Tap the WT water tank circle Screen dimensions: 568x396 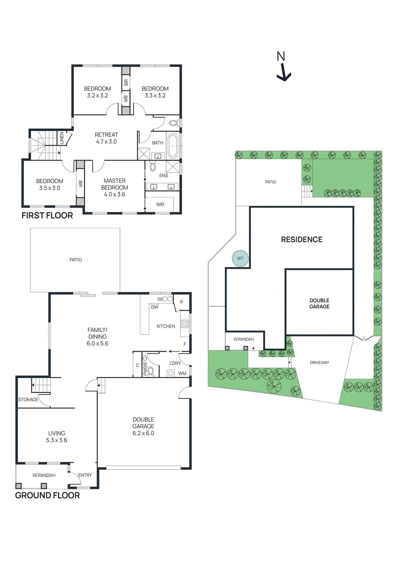pyautogui.click(x=240, y=258)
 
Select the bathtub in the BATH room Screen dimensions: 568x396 pyautogui.click(x=173, y=146)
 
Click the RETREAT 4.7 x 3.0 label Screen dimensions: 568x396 pyautogui.click(x=106, y=138)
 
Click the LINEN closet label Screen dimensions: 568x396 pyautogui.click(x=62, y=138)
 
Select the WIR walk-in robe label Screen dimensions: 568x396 pyautogui.click(x=160, y=204)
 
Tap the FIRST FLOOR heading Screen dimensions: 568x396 pyautogui.click(x=47, y=215)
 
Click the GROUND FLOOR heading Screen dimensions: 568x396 pyautogui.click(x=47, y=495)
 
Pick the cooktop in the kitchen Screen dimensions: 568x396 pyautogui.click(x=185, y=323)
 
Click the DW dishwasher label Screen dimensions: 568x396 pyautogui.click(x=154, y=307)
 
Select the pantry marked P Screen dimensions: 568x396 pyautogui.click(x=181, y=302)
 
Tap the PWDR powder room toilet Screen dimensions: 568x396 pyautogui.click(x=150, y=371)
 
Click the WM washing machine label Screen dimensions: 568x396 pyautogui.click(x=182, y=373)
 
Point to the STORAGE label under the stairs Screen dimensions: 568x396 pyautogui.click(x=28, y=400)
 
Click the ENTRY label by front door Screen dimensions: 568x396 pyautogui.click(x=85, y=475)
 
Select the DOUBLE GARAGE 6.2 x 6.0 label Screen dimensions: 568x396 pyautogui.click(x=143, y=426)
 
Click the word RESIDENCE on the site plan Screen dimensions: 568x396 pyautogui.click(x=302, y=240)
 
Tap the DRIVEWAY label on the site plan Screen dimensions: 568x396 pyautogui.click(x=319, y=362)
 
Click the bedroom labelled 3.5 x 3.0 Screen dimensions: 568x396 pyautogui.click(x=50, y=185)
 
